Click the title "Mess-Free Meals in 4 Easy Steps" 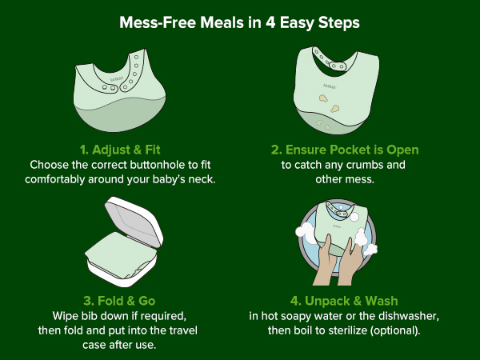tap(239, 23)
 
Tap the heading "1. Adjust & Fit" tap(120, 150)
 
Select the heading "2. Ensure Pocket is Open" tap(345, 150)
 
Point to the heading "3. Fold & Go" tap(119, 301)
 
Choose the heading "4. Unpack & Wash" tap(344, 301)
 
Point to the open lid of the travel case tap(134, 221)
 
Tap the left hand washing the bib tap(326, 260)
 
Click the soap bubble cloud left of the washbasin tap(306, 233)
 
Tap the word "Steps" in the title tap(339, 23)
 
